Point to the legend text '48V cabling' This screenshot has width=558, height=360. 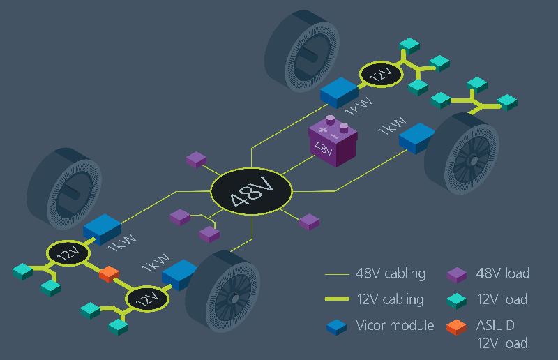click(x=390, y=273)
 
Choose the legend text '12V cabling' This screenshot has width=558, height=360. click(x=390, y=299)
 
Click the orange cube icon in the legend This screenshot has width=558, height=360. click(x=456, y=327)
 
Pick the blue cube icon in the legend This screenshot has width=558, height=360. click(x=337, y=327)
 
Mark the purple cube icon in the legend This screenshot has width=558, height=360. click(x=456, y=275)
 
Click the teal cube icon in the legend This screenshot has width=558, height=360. click(x=456, y=301)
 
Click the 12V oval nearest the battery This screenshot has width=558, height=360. click(x=381, y=75)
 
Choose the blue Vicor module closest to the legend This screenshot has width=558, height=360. click(x=179, y=274)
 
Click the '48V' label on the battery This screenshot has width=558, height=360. click(x=324, y=148)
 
